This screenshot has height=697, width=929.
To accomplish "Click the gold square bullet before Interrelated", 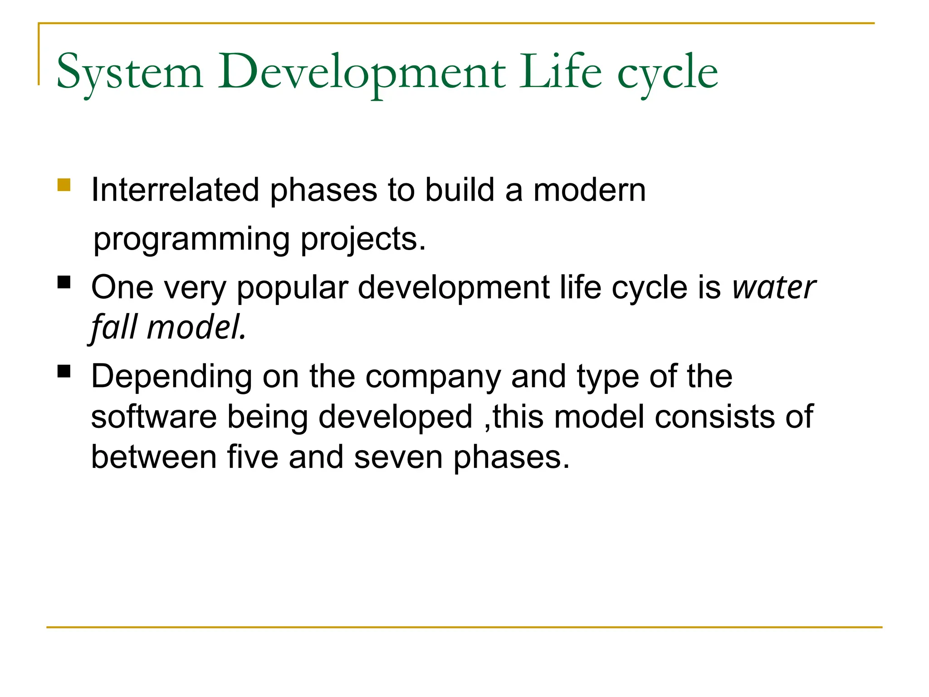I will click(x=64, y=185).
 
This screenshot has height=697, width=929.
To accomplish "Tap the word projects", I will click(x=363, y=240).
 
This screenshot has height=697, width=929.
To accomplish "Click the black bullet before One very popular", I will click(x=64, y=282).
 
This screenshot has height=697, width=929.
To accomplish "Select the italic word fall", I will click(x=114, y=327).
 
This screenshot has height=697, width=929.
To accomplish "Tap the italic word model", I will click(x=196, y=327).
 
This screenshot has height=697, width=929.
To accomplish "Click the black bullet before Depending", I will click(x=64, y=371).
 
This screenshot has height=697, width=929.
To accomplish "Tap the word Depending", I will click(x=171, y=378).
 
